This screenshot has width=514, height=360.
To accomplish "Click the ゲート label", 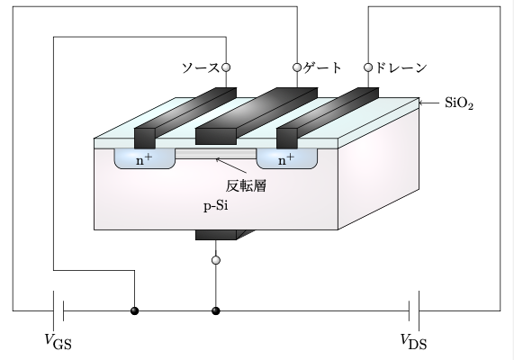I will [x=323, y=67].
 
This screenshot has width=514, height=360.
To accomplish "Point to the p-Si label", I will [x=216, y=206].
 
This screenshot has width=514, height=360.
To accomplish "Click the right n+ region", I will [x=285, y=160].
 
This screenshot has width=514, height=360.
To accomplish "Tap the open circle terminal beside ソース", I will [x=226, y=67].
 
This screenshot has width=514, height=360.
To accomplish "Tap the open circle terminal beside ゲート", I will [x=297, y=67].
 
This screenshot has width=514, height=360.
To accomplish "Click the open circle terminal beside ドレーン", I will [x=368, y=67].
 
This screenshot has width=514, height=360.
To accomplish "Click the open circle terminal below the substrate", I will [x=215, y=261].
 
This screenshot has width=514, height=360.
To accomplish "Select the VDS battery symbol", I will [x=414, y=311].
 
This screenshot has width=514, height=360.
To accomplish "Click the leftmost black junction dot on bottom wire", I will [x=135, y=311].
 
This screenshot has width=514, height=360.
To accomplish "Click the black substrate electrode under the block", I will [x=216, y=236].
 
